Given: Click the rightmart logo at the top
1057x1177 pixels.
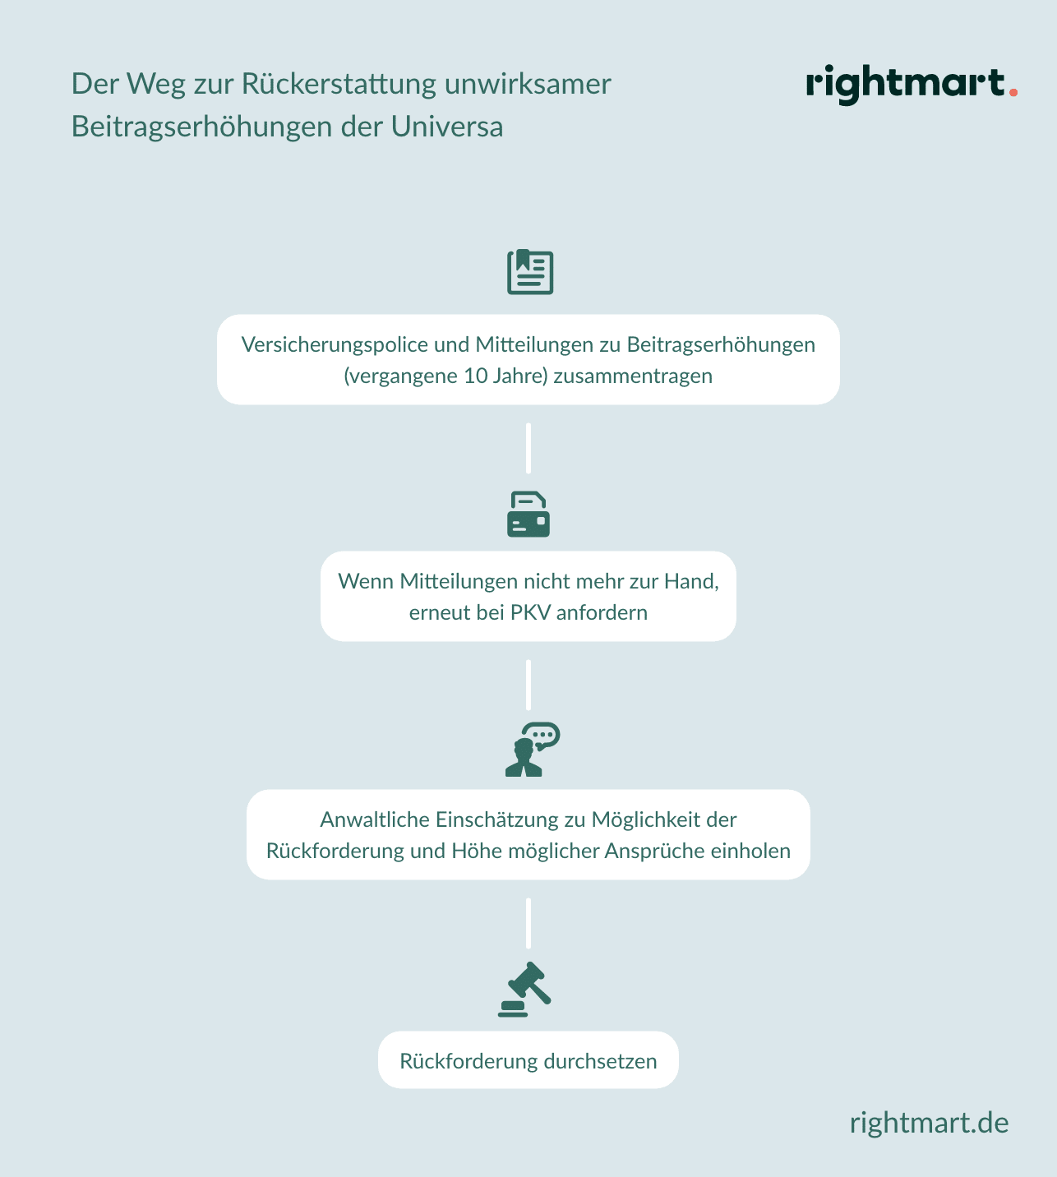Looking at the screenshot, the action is coord(912,85).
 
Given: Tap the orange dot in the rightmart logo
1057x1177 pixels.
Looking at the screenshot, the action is coord(1013,92).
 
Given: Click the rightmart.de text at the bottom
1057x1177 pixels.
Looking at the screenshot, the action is coord(929,1123).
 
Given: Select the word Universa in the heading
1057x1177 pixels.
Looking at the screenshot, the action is coord(447,127).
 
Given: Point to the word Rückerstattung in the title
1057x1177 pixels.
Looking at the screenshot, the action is coord(339,84).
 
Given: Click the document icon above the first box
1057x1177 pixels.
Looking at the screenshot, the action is coord(530,272).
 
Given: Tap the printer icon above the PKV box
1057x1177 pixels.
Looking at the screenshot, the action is coord(528,515).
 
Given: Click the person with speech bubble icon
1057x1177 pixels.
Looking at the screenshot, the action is coord(533,750).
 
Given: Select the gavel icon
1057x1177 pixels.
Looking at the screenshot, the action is coord(524,990).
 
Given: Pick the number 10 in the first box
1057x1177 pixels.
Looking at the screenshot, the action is coord(475,376).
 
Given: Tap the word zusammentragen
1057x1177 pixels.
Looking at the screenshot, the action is coord(633,376).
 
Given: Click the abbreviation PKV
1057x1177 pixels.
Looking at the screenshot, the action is coord(530,612).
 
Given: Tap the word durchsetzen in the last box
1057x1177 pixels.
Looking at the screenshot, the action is coord(601,1061).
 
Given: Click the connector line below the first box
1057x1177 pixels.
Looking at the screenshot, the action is coord(528,448).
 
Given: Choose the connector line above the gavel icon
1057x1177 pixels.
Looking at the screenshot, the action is coord(528,923).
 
